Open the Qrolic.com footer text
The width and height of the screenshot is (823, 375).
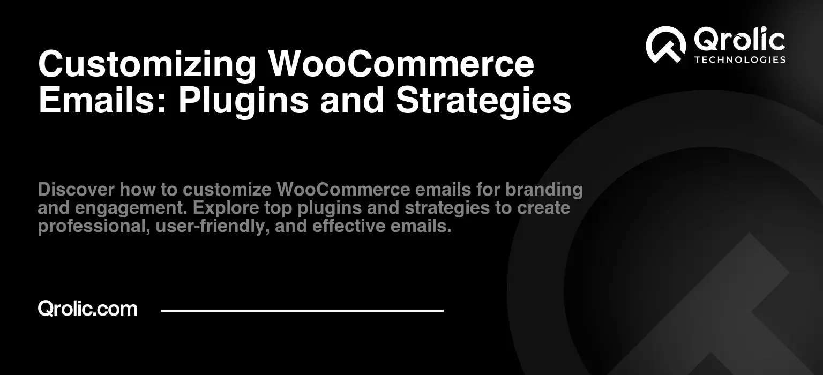[x=88, y=309]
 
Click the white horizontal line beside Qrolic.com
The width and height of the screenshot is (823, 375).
[x=302, y=311]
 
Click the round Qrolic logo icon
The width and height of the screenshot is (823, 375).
[x=666, y=45]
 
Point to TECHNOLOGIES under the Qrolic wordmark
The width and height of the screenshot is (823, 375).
[x=740, y=59]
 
